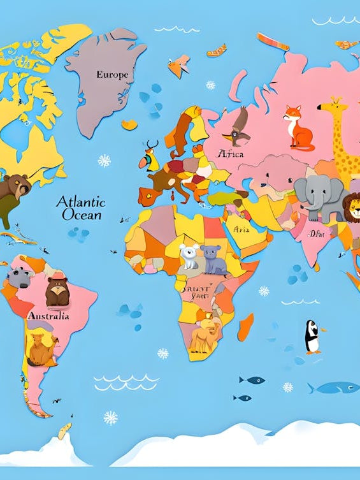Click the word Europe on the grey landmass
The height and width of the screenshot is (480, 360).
coord(112,75)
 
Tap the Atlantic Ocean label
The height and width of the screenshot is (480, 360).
coord(81,208)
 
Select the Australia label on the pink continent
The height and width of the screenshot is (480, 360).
coord(48,316)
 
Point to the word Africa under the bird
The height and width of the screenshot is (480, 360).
coord(230,154)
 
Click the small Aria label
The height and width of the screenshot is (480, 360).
coord(241,229)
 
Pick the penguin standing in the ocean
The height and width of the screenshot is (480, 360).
coord(312,337)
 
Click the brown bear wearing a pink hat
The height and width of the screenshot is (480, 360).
coord(57,291)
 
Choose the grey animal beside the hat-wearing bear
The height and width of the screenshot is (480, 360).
coord(18,277)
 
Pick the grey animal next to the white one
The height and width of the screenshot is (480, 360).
coord(213,259)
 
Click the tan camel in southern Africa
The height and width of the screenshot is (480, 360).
coord(205,334)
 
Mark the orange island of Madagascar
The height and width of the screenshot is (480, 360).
coord(245,326)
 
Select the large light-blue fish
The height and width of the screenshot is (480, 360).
coord(334,387)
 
